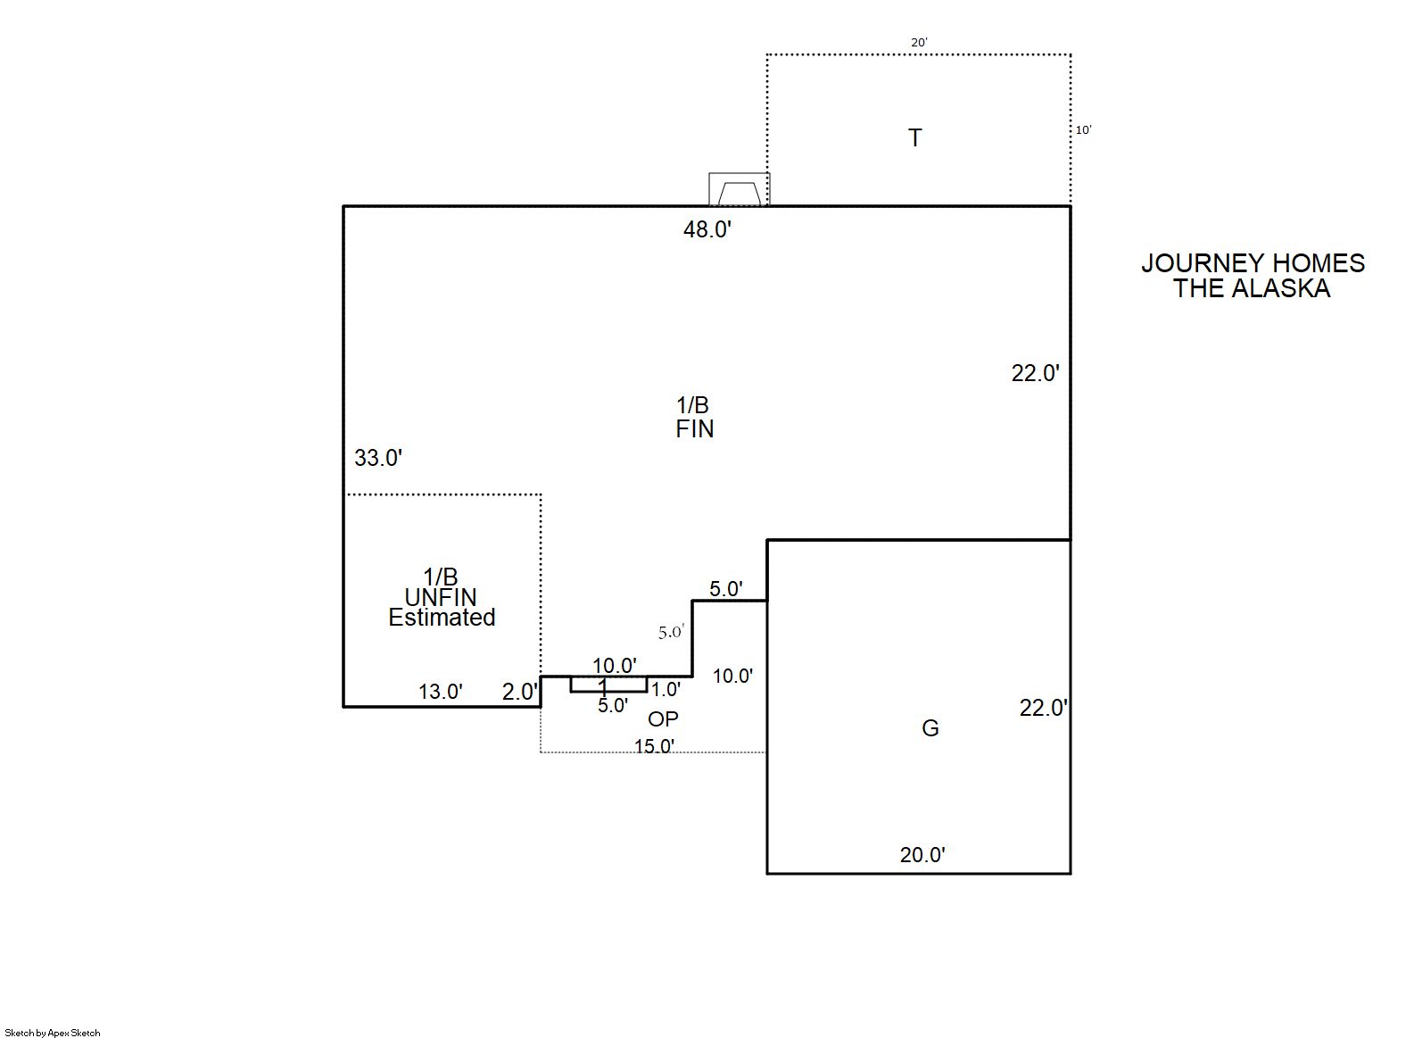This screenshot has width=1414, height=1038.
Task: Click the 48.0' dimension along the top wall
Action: coord(707,229)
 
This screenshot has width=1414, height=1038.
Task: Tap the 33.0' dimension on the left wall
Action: coord(378,458)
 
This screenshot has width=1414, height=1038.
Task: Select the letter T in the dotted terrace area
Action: coord(914,137)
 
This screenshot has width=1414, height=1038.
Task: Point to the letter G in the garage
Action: coord(930,728)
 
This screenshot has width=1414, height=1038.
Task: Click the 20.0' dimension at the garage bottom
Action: coord(922,855)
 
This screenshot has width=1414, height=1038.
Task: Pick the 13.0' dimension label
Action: coord(441,692)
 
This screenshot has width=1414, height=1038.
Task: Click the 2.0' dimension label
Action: coord(519,692)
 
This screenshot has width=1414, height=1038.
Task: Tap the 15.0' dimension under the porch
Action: coord(654,746)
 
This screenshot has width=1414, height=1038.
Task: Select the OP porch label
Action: coord(663,718)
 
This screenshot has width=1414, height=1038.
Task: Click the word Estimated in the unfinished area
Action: coord(442,617)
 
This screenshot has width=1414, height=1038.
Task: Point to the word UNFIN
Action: coord(441,597)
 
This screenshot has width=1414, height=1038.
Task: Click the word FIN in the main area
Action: coord(695,429)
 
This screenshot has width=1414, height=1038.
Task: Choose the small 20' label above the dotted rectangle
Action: coord(919,42)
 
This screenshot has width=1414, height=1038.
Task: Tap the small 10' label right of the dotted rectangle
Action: coord(1083,129)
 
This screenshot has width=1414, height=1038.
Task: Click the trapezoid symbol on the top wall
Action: coord(739,191)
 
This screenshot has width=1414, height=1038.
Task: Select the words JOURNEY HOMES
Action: coord(1253,263)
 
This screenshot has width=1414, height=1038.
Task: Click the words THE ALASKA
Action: coord(1252,288)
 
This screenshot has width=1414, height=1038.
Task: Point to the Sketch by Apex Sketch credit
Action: coord(53,1033)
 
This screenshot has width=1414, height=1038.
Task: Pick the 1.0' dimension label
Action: coord(666,689)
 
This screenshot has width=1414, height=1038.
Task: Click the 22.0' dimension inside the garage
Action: coord(1044,708)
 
